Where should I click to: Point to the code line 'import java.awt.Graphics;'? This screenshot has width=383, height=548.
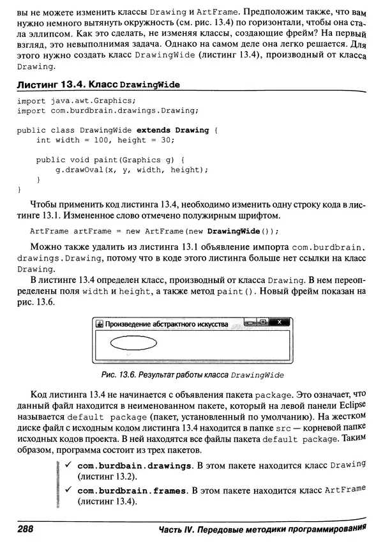[x=76, y=101]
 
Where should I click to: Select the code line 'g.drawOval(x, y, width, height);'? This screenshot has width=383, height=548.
[x=132, y=169]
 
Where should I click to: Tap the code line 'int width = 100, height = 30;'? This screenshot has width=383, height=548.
[x=105, y=140]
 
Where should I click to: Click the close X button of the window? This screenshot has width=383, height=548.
[x=280, y=323]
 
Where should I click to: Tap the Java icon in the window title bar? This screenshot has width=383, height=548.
[x=99, y=324]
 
